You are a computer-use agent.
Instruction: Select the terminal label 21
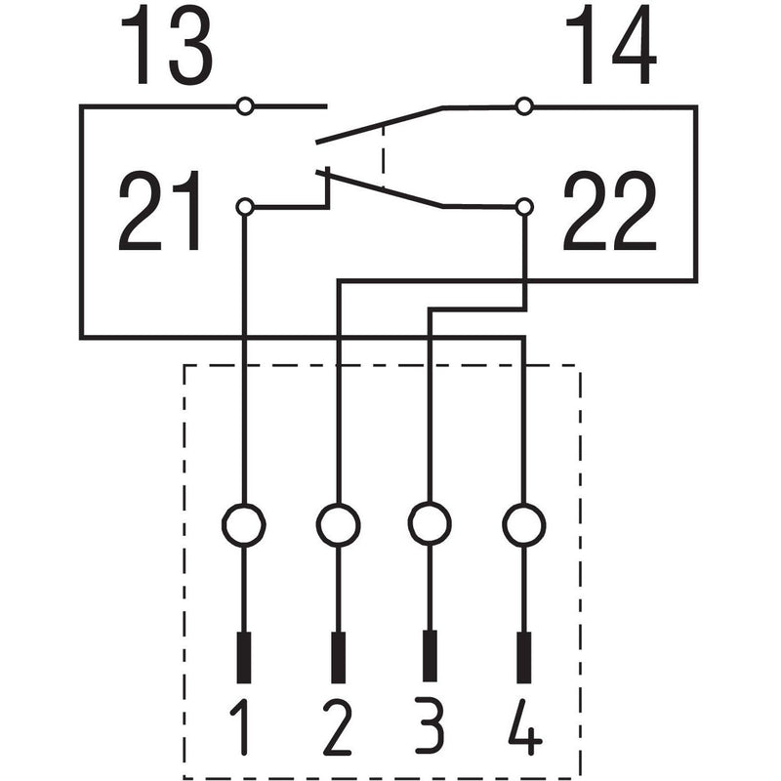(159, 211)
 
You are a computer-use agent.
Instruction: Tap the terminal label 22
(609, 211)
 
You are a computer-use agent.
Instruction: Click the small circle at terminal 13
(245, 106)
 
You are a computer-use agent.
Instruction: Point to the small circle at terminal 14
(523, 106)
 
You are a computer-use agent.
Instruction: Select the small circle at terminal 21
(245, 206)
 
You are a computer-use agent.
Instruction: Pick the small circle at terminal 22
(523, 206)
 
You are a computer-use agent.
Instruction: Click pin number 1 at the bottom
(240, 727)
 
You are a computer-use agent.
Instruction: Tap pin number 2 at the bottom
(337, 727)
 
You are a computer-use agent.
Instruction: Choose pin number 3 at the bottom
(429, 727)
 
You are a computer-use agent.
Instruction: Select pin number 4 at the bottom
(525, 727)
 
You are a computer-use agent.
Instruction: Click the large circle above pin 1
(243, 525)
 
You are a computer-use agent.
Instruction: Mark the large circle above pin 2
(338, 525)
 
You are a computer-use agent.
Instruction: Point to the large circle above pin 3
(430, 524)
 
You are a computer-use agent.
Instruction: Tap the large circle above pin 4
(524, 525)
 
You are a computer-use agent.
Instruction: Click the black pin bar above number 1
(243, 657)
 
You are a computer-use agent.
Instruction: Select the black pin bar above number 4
(524, 657)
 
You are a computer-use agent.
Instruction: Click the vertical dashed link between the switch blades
(383, 156)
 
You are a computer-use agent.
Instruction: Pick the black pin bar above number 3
(430, 656)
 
